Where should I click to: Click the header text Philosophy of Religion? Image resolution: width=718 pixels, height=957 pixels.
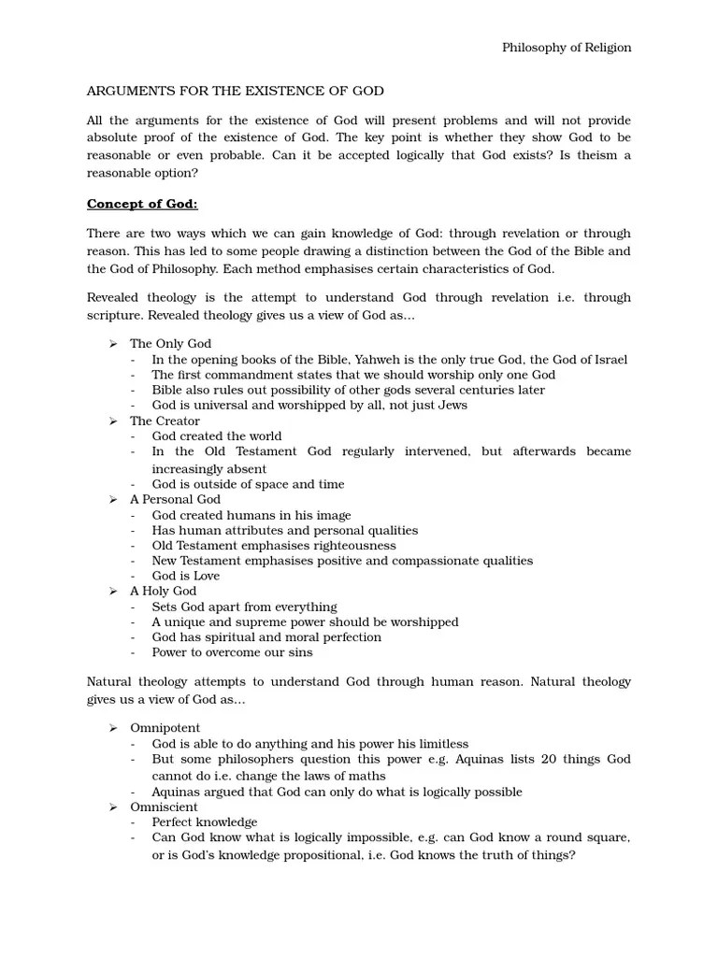pos(567,48)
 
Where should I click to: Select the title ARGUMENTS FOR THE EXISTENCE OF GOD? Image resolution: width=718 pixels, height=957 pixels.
pos(236,91)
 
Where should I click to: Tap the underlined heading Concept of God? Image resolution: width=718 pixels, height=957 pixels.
pos(142,205)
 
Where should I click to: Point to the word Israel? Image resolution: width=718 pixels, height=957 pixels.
pos(608,360)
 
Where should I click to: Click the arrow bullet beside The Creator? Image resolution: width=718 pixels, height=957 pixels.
pos(112,421)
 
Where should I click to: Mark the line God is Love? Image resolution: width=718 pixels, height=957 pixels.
pos(186,576)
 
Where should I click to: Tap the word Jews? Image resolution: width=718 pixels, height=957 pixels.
pos(451,406)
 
